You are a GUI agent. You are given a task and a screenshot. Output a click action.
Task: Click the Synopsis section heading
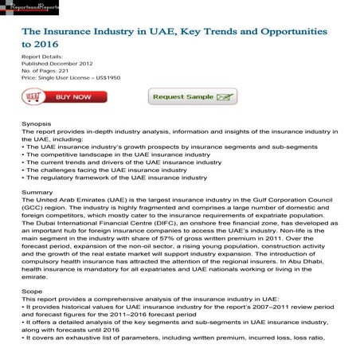[x=37, y=124]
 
